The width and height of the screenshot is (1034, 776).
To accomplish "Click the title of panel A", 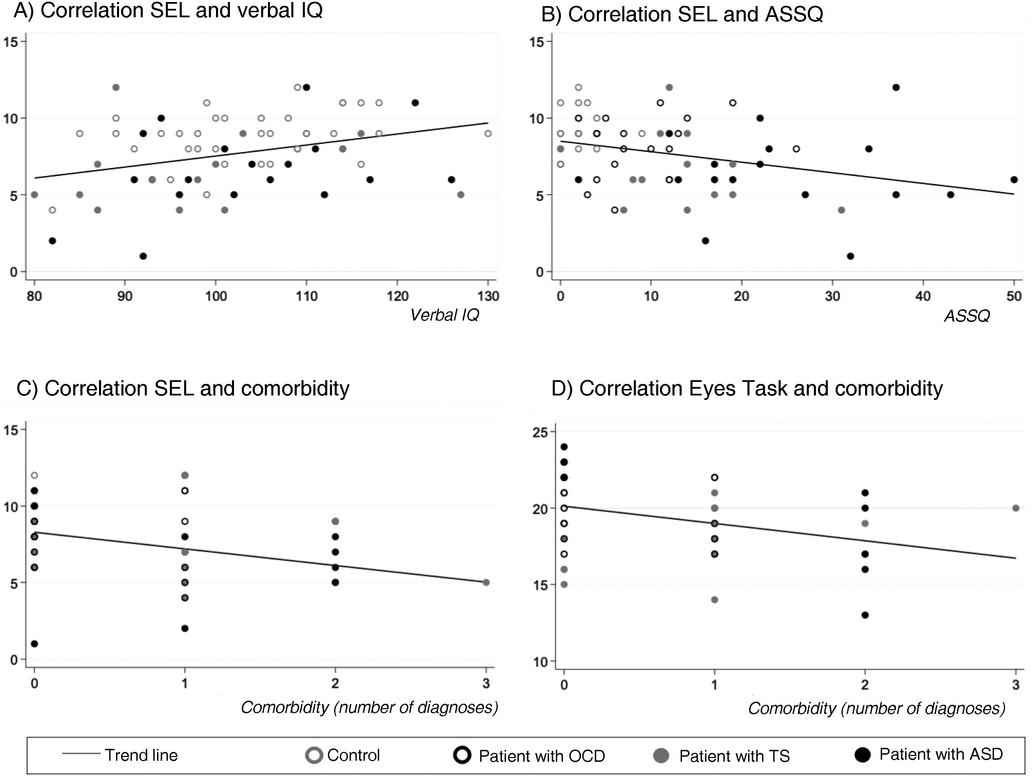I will pyautogui.click(x=168, y=11).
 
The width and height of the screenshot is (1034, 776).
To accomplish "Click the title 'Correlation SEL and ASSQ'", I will pyautogui.click(x=682, y=15).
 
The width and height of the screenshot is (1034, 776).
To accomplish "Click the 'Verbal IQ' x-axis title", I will pyautogui.click(x=445, y=315).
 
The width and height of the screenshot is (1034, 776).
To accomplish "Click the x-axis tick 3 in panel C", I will pyautogui.click(x=486, y=683).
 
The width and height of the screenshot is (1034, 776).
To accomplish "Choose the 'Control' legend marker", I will pyautogui.click(x=314, y=755).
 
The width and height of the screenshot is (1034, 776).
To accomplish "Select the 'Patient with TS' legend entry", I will pyautogui.click(x=734, y=756).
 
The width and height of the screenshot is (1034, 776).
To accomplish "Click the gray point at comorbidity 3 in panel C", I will pyautogui.click(x=486, y=582).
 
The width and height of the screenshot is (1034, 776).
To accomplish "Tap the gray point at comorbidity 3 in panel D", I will pyautogui.click(x=1016, y=508).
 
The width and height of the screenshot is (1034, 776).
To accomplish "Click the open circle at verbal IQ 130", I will pyautogui.click(x=488, y=134).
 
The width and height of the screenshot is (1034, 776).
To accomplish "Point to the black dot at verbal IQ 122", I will pyautogui.click(x=415, y=103).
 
